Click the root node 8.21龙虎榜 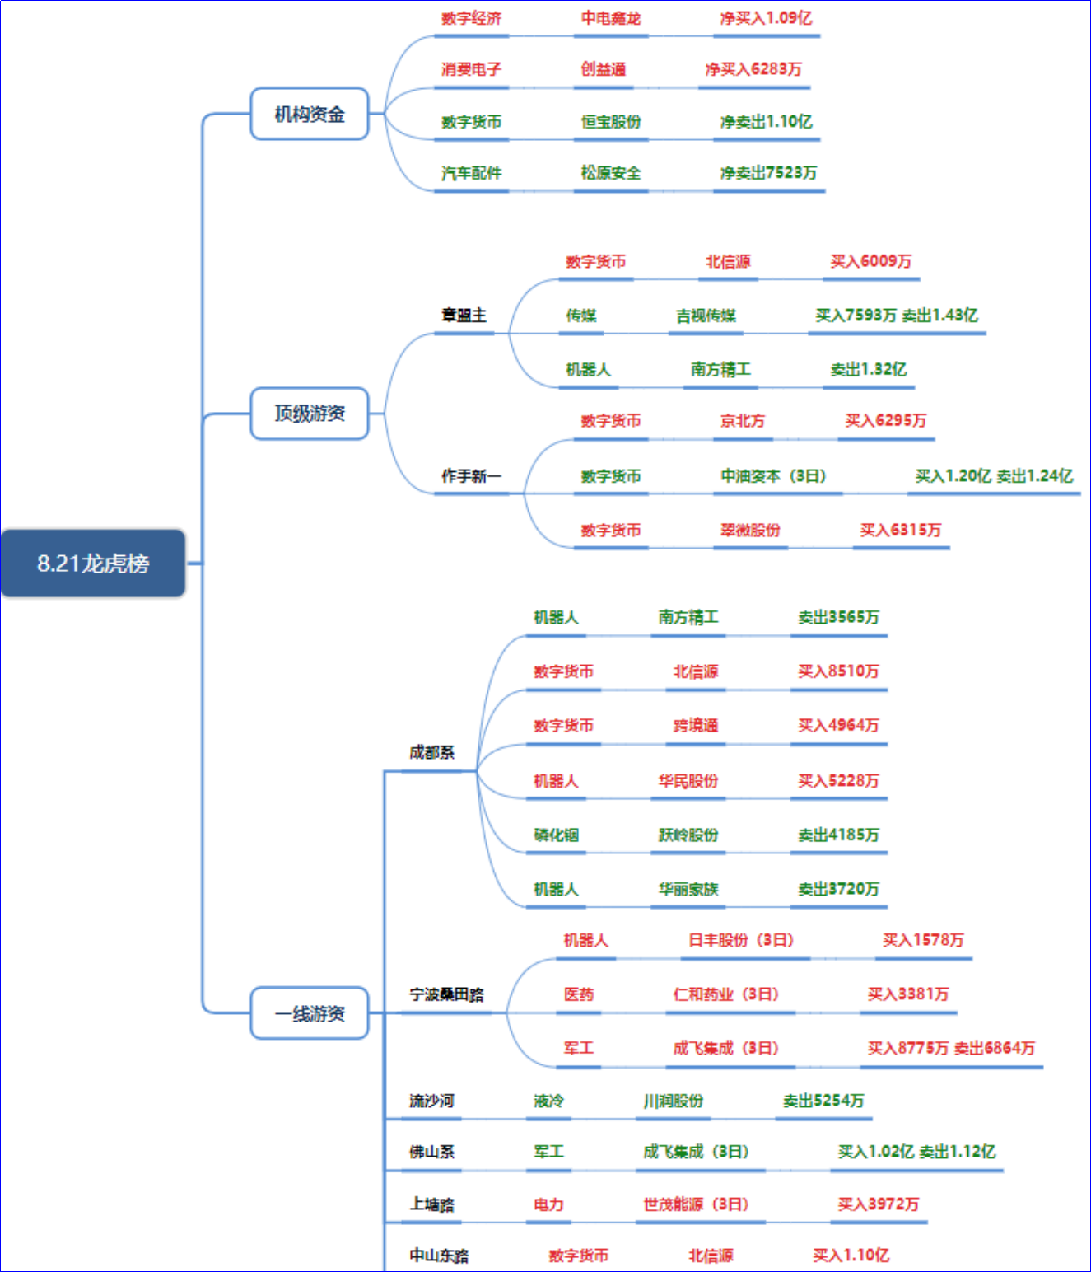(x=93, y=563)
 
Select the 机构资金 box (x=310, y=114)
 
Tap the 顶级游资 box (x=310, y=414)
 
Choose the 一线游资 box (x=310, y=1013)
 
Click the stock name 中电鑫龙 (x=611, y=18)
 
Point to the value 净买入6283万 (x=753, y=69)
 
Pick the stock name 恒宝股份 (x=611, y=121)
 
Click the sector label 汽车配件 (x=471, y=173)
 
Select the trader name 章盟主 (x=464, y=315)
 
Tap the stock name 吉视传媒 (x=706, y=316)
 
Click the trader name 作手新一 (x=471, y=475)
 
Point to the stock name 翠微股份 (x=750, y=530)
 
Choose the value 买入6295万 (x=886, y=420)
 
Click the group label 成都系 (x=431, y=752)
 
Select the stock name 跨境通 (x=696, y=726)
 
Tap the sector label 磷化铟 (x=556, y=835)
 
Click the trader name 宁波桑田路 (x=446, y=994)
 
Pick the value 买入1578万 (x=923, y=940)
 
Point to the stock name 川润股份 (x=674, y=1101)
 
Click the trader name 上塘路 (x=431, y=1204)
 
